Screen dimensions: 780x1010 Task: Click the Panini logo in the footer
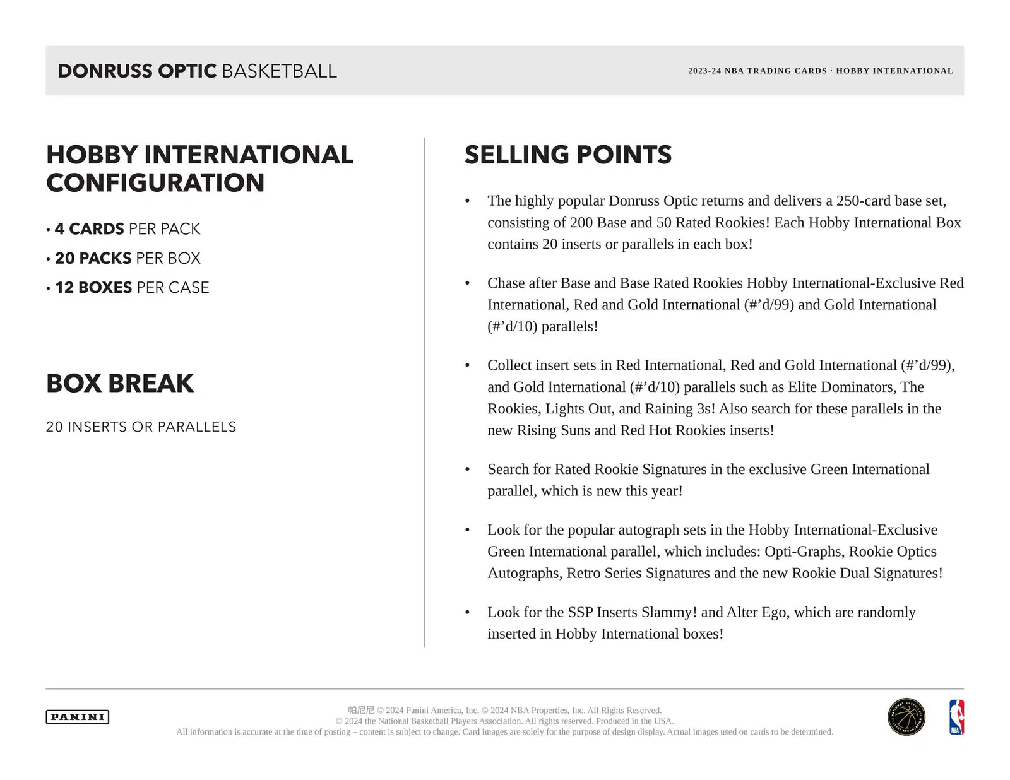click(x=77, y=717)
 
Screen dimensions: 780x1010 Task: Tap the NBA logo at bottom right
click(x=956, y=717)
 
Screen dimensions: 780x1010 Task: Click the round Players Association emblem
click(x=906, y=717)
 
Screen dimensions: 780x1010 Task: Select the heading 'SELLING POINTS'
click(x=568, y=155)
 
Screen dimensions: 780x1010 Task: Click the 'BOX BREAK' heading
click(x=120, y=383)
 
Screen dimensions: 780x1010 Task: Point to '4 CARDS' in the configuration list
click(x=90, y=228)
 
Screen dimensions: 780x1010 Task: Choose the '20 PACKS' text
click(x=93, y=258)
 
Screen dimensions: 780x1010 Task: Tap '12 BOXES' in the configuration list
click(x=93, y=287)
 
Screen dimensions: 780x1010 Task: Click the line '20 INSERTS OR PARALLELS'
click(x=141, y=427)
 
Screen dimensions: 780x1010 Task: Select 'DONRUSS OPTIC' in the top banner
click(x=137, y=71)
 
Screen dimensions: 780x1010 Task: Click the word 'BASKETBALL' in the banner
click(x=279, y=71)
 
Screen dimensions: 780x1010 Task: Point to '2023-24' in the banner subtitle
click(x=704, y=71)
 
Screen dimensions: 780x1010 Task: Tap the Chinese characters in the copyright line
click(x=361, y=710)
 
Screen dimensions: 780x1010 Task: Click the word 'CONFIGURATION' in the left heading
click(x=155, y=183)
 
